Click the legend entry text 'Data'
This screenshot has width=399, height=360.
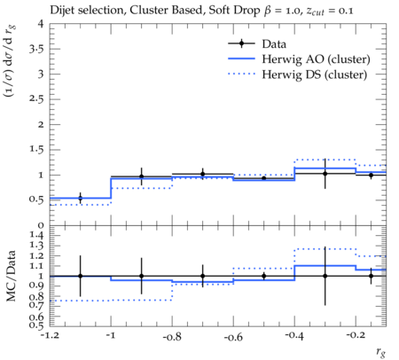click(274, 44)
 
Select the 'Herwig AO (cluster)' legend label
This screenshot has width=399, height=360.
click(316, 59)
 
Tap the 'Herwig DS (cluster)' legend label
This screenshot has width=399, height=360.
click(315, 74)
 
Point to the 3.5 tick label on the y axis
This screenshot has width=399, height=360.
click(36, 49)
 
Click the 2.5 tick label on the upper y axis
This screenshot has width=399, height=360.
click(36, 99)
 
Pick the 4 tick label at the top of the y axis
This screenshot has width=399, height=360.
click(41, 24)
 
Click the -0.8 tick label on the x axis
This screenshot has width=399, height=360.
click(172, 336)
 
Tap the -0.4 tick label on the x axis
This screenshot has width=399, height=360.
click(294, 336)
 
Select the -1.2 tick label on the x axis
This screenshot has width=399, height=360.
click(50, 336)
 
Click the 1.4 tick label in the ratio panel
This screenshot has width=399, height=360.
click(36, 236)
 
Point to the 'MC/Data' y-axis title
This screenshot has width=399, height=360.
click(12, 276)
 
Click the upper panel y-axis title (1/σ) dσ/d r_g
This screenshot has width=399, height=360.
click(10, 61)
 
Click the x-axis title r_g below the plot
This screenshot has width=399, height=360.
click(381, 352)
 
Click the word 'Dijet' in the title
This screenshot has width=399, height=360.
click(62, 11)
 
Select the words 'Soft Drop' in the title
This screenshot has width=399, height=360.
click(234, 11)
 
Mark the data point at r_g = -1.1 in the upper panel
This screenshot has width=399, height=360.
click(80, 199)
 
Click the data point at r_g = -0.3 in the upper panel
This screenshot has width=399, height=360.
click(325, 174)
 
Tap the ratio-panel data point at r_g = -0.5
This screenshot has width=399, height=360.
click(264, 276)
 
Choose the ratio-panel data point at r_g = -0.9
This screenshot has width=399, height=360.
click(141, 276)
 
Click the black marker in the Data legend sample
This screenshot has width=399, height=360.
click(241, 43)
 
